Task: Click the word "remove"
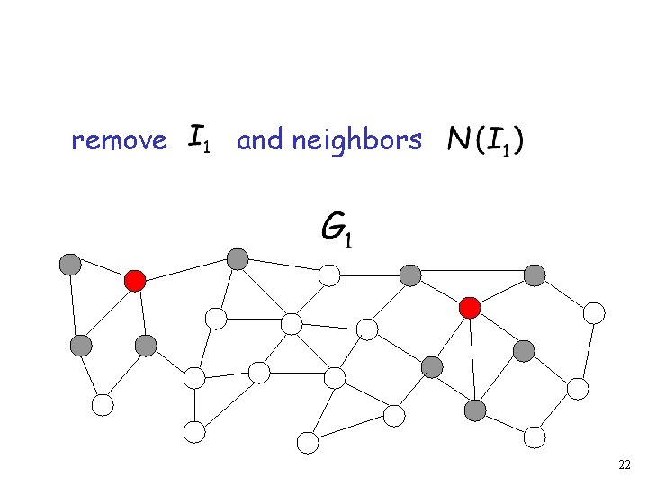118,141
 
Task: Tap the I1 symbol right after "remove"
200,139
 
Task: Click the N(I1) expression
487,139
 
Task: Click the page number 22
625,464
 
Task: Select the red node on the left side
135,281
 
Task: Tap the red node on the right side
469,308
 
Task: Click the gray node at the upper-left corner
70,265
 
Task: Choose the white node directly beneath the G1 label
330,274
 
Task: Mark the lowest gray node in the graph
475,411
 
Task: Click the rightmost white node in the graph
594,313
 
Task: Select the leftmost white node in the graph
103,405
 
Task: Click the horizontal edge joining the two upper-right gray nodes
472,272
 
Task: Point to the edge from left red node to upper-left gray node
103,273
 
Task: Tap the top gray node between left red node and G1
238,259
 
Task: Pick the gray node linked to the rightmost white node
535,274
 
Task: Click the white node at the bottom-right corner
535,437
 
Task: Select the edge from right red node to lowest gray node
472,360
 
